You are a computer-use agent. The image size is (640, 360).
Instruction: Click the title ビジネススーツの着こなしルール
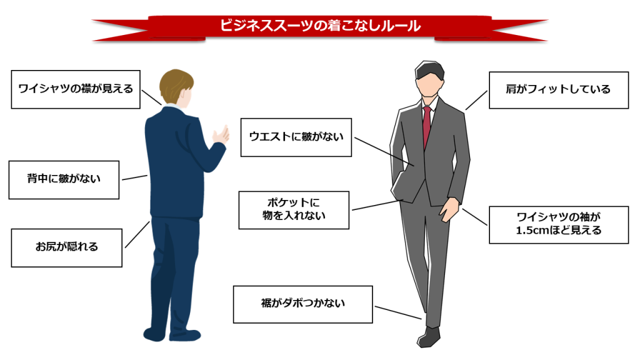319,26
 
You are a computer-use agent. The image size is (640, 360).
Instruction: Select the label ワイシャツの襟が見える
76,89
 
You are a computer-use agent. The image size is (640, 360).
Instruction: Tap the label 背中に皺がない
64,179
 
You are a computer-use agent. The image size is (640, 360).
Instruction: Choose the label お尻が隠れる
66,247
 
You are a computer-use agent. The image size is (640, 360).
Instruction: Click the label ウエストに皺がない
296,136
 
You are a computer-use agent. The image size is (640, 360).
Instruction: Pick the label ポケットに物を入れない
294,210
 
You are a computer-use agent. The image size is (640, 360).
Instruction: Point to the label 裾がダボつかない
302,304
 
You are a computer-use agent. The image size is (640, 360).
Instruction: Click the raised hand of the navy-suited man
220,136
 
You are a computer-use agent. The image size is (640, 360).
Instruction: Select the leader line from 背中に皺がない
134,177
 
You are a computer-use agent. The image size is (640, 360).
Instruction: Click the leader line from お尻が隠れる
137,234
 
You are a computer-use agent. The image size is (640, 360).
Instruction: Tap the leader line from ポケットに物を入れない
379,204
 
